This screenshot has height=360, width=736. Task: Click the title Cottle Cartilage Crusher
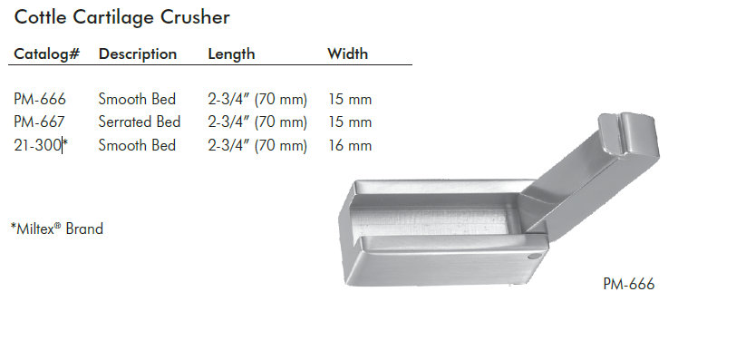click(122, 17)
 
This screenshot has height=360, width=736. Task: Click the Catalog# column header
click(47, 54)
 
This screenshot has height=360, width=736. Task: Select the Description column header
click(138, 54)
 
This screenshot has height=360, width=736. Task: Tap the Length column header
click(231, 54)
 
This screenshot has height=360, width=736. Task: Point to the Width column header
click(348, 54)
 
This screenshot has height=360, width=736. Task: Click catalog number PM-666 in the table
click(40, 99)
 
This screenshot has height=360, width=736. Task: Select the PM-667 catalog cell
click(40, 122)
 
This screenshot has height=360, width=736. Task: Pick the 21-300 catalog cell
click(37, 145)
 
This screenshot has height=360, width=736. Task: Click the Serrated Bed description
click(140, 122)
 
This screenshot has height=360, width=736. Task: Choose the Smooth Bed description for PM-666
click(137, 99)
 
